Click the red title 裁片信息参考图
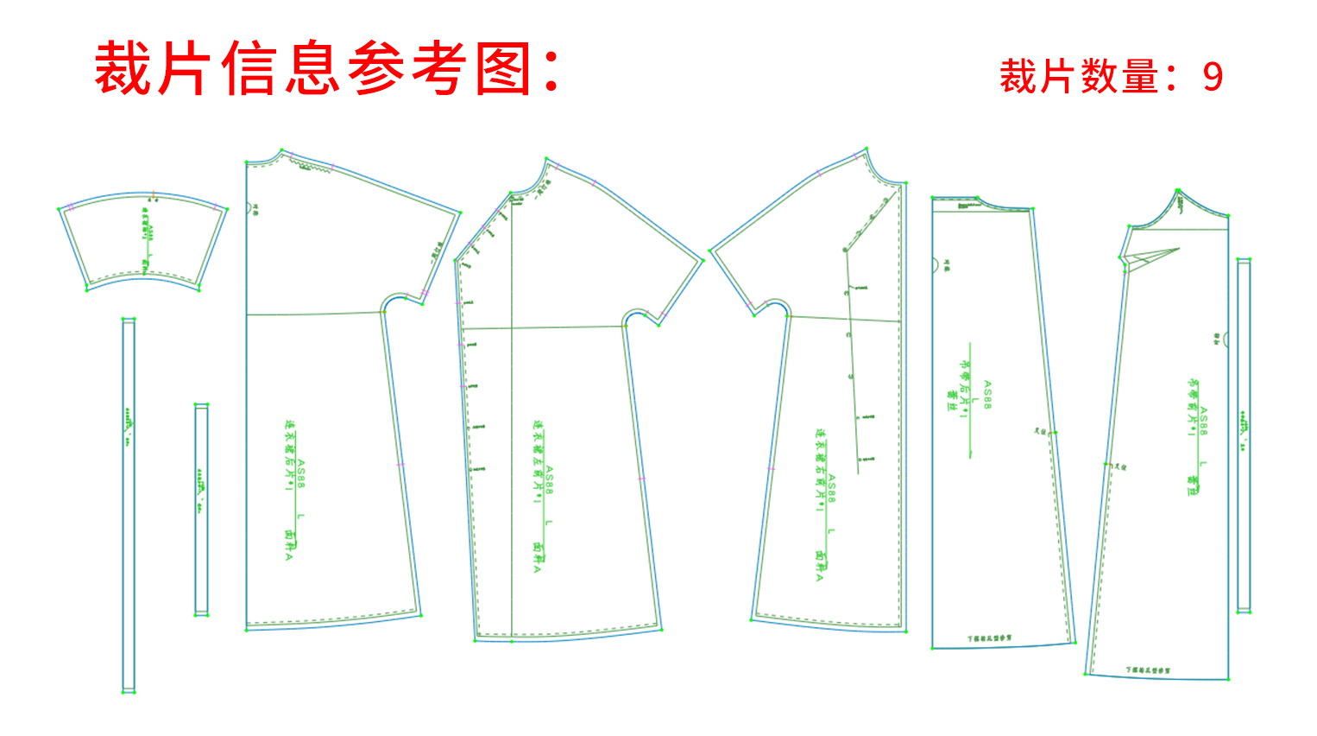tap(326, 69)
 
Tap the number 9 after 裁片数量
tap(1213, 78)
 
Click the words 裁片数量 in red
tap(1079, 78)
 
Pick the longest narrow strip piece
tap(129, 505)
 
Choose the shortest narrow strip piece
tap(201, 510)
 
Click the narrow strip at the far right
tap(1244, 435)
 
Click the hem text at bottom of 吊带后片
tap(990, 638)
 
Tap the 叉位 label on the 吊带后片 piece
tap(1040, 430)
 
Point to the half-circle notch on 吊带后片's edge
tap(935, 265)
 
